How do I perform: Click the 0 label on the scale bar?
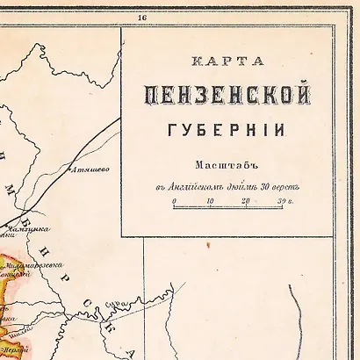(174, 203)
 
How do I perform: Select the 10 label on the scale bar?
(210, 203)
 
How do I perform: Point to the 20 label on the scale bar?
(246, 203)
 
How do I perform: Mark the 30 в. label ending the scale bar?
(284, 203)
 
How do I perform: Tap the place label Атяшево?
(90, 169)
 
